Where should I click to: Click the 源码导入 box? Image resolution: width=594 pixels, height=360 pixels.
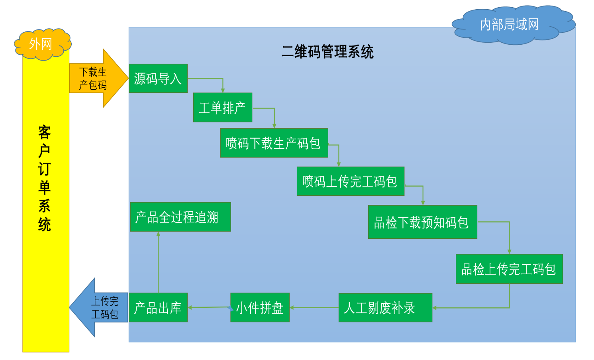click(x=158, y=79)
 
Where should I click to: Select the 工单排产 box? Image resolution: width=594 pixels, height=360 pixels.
click(x=222, y=108)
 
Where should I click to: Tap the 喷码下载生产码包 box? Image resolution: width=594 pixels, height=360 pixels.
click(x=274, y=143)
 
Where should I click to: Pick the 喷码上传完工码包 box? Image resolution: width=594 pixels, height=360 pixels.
click(x=350, y=181)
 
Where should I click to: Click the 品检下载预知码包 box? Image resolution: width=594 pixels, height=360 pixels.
click(x=422, y=222)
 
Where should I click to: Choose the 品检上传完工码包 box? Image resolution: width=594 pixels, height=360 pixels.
click(x=509, y=269)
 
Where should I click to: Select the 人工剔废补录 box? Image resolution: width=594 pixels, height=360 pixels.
click(x=385, y=308)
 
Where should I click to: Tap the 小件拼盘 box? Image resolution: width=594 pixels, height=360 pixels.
click(x=260, y=308)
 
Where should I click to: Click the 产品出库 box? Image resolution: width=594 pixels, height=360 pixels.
click(x=158, y=308)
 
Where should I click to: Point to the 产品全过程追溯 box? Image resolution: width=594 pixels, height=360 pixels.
click(x=180, y=217)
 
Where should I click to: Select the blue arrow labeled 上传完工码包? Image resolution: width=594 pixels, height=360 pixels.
click(x=100, y=307)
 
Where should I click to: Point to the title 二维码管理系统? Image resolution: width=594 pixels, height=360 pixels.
click(x=327, y=52)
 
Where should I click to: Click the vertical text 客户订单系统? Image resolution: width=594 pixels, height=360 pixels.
click(x=45, y=179)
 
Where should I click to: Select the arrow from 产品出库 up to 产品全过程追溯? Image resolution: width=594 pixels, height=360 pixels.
click(x=158, y=263)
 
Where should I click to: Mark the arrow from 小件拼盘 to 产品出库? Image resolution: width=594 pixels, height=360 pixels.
click(x=209, y=307)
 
